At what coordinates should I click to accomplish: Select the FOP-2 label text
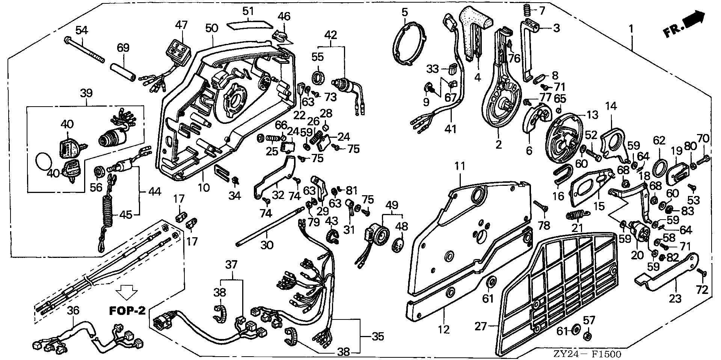[127, 311]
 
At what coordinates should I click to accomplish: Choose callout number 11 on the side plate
[460, 166]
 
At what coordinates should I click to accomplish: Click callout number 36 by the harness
[74, 310]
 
